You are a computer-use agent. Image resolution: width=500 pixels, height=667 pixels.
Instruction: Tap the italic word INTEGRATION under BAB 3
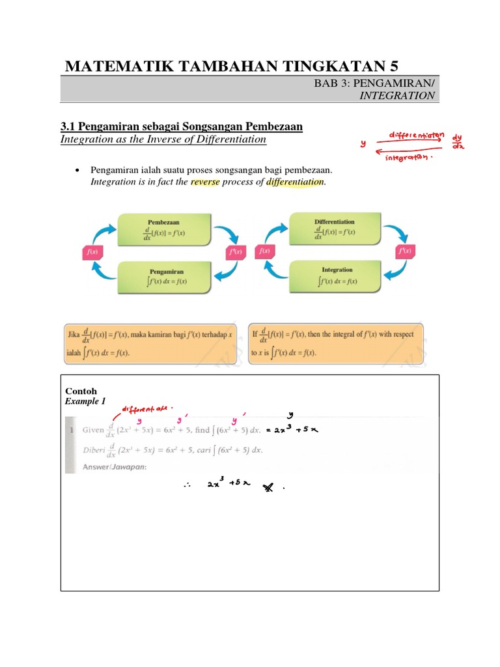coord(397,95)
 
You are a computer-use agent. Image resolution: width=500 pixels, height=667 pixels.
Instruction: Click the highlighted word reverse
coord(206,182)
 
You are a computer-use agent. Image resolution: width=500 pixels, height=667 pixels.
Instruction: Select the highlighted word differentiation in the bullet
coord(294,182)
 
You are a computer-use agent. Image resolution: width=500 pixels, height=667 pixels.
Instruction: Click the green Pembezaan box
coord(163,231)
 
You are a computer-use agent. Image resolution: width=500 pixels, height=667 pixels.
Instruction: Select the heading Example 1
coord(85,401)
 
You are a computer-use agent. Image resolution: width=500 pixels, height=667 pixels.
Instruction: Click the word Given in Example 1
coord(93,431)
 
